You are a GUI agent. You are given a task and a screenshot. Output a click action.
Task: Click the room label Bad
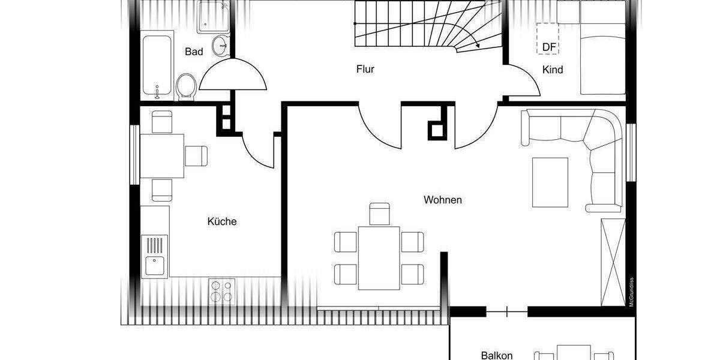(x=194, y=52)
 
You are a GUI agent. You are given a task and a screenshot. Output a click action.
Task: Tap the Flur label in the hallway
(x=365, y=70)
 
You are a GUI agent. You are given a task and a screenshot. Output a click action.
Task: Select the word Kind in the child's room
(x=553, y=70)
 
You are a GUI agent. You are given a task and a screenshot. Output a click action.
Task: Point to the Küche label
(x=222, y=221)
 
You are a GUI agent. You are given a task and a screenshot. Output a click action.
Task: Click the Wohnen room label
(x=443, y=200)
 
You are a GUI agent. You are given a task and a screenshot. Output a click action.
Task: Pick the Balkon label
(x=497, y=355)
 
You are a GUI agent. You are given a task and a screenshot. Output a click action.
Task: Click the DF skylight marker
(x=548, y=46)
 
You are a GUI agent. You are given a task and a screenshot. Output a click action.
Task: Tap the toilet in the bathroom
(x=187, y=87)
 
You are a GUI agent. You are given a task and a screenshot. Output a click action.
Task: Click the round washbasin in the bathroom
(x=223, y=43)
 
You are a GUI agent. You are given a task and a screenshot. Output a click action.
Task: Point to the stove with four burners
(x=222, y=291)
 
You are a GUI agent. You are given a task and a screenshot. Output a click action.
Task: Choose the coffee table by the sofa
(x=550, y=182)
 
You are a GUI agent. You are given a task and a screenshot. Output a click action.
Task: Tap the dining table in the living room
(x=379, y=257)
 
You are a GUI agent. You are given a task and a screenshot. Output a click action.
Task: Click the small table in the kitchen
(x=162, y=155)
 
